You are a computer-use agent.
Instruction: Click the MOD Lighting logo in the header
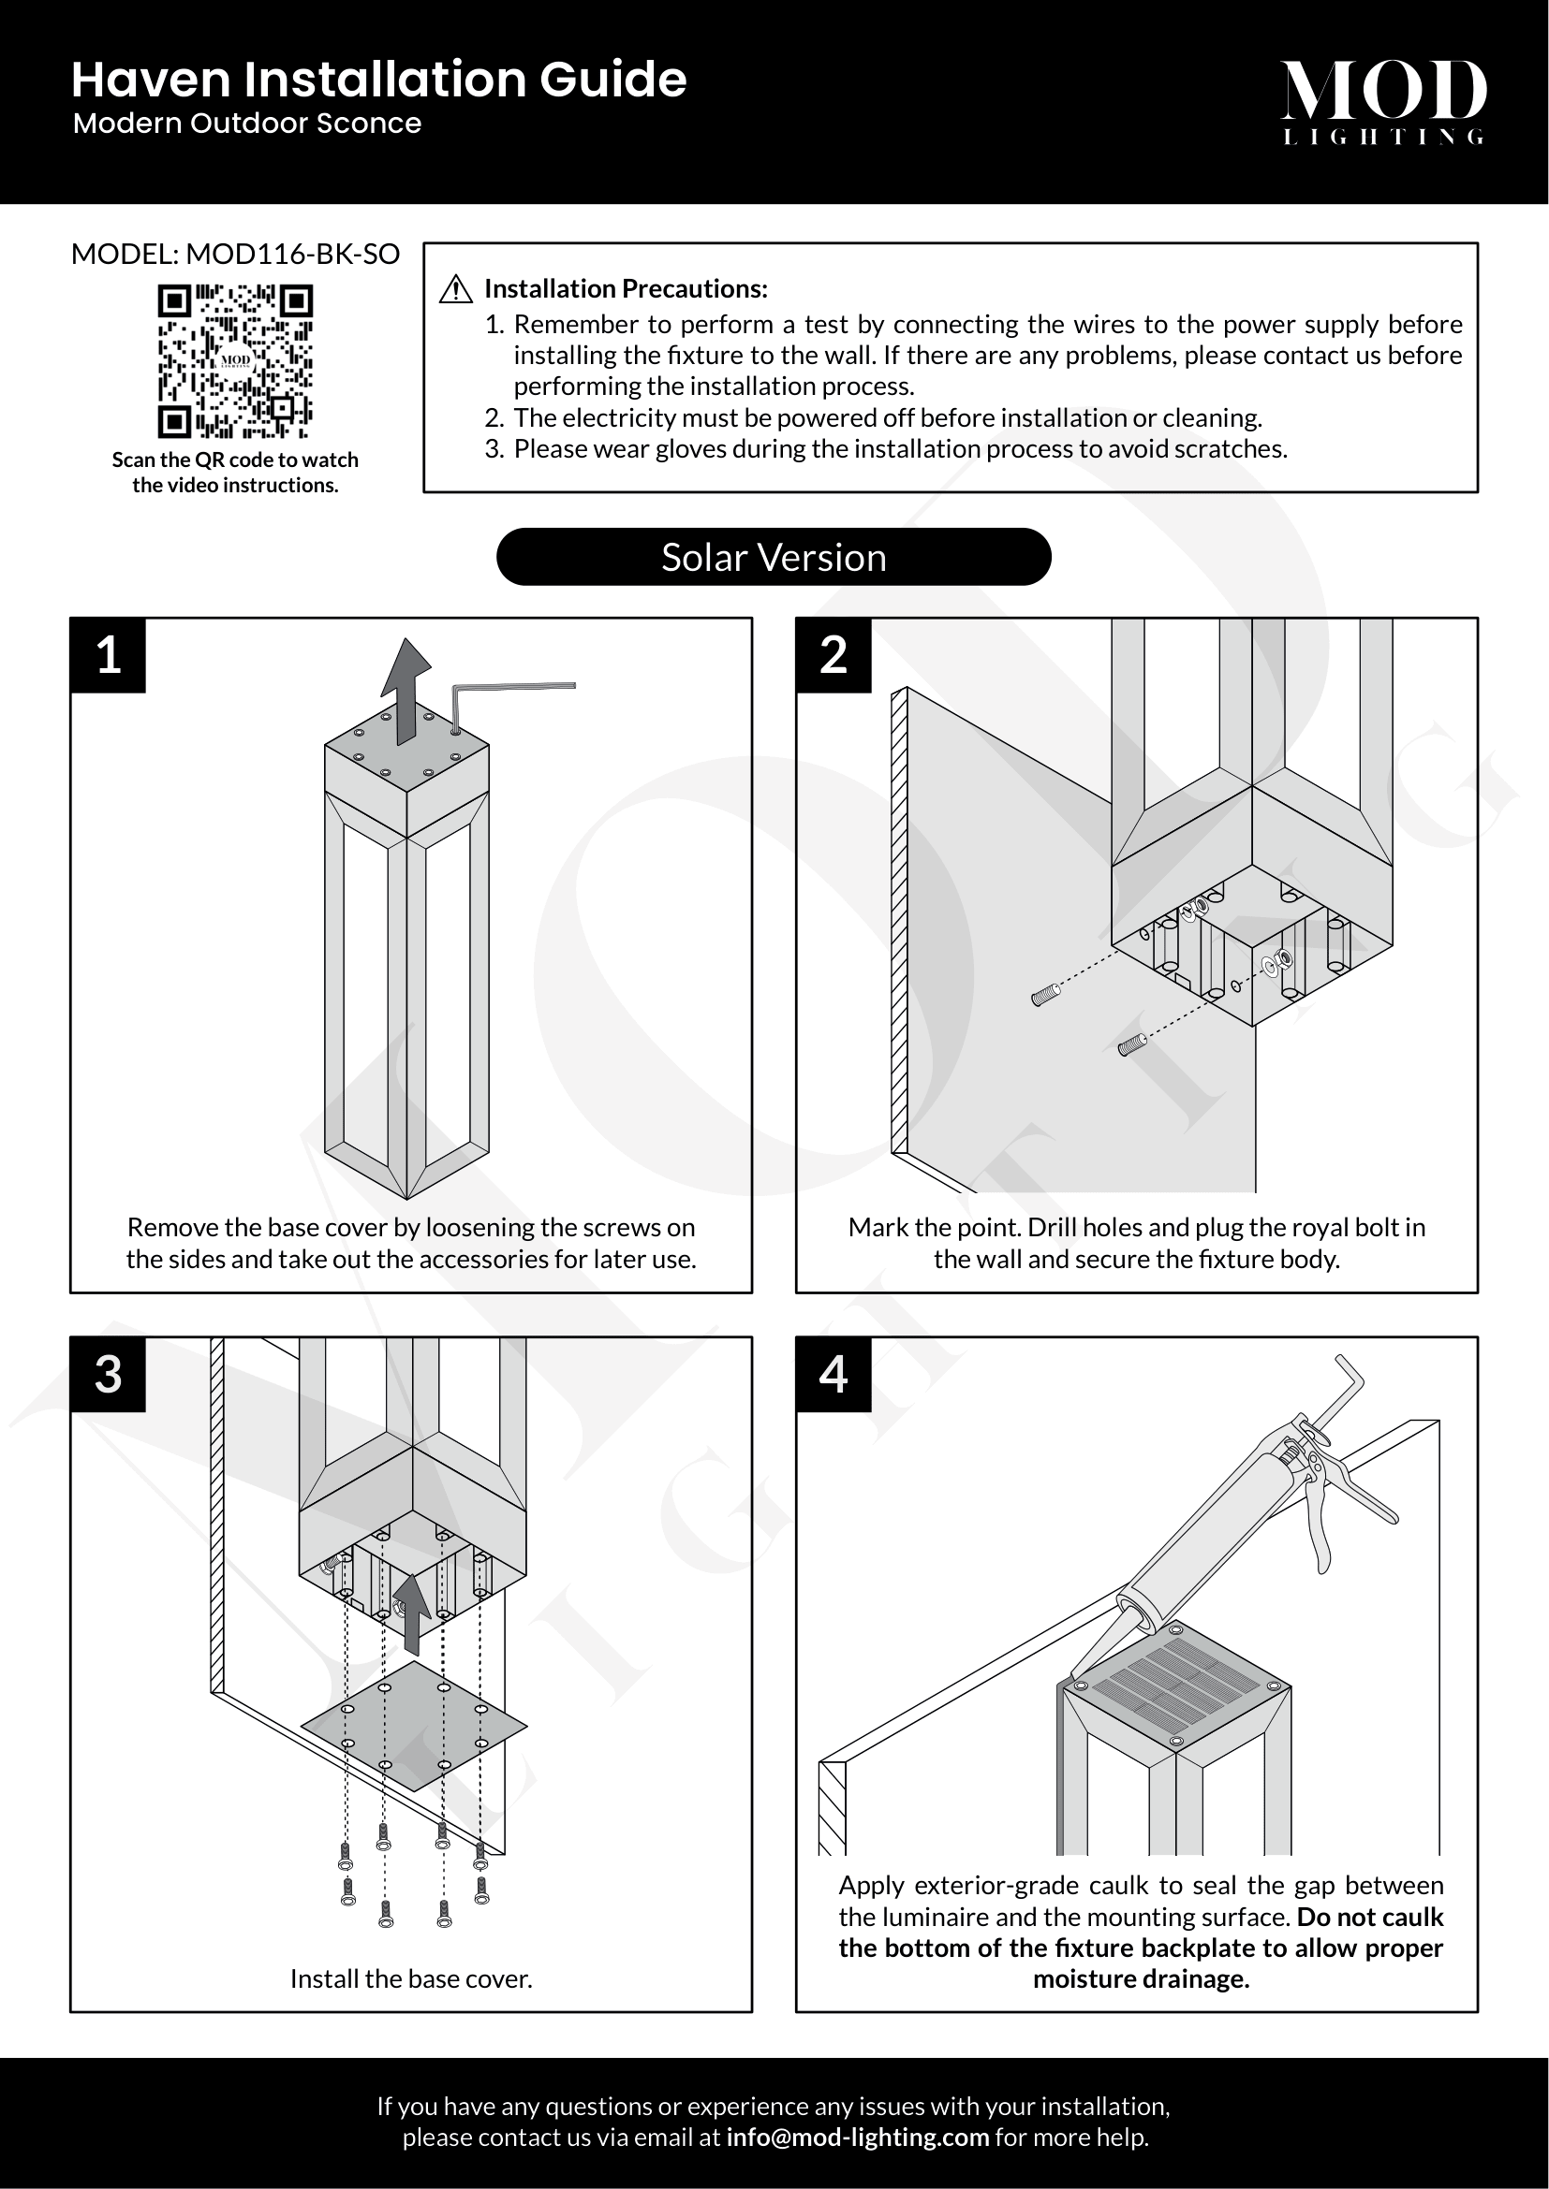1382,100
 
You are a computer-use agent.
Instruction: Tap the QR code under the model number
235,360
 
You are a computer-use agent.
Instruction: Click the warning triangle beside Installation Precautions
457,289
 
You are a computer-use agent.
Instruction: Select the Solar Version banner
774,557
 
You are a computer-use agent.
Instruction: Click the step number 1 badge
109,656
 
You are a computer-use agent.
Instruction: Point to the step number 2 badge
834,656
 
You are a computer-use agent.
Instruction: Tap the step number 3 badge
109,1375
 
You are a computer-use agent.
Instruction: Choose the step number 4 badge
834,1375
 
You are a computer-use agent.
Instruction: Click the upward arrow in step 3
412,1613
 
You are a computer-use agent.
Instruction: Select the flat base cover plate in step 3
413,1727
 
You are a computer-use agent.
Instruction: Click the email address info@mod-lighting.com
857,2138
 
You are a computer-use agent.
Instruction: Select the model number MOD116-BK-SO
292,255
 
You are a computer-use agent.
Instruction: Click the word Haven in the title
152,80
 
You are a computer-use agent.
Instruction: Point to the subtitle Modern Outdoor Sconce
247,124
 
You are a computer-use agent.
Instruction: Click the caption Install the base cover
411,1979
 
